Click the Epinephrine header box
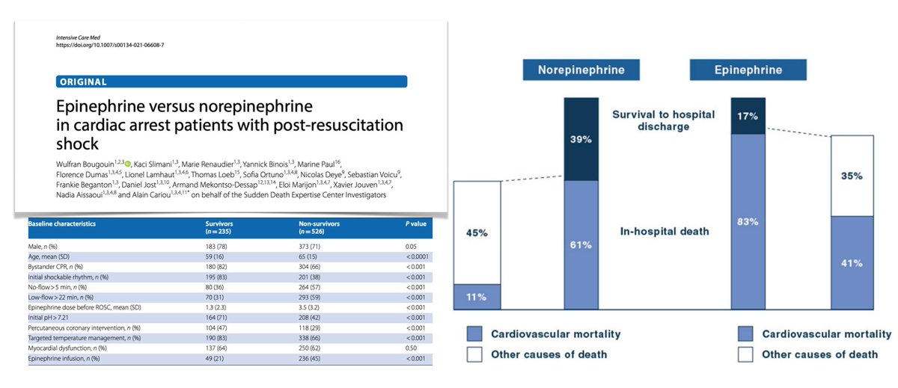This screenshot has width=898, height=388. click(748, 70)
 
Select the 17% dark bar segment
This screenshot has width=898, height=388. click(748, 116)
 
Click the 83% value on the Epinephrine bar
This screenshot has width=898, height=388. click(748, 221)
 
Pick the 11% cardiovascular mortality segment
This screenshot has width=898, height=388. click(476, 297)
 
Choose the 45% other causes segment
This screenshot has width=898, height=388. click(476, 233)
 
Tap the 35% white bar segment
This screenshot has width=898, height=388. click(852, 176)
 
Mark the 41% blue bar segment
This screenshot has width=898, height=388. click(852, 262)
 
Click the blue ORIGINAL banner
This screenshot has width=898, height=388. click(232, 81)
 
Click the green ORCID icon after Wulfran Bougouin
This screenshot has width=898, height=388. click(127, 164)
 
